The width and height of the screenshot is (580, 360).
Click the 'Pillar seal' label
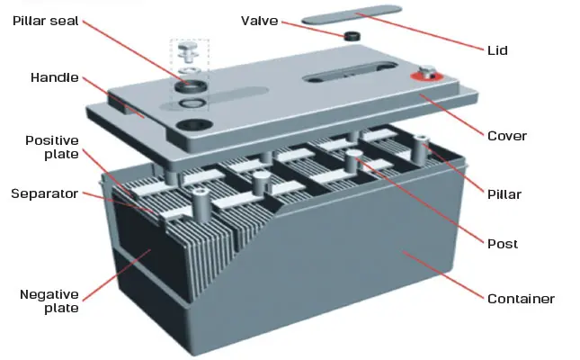pyautogui.click(x=46, y=21)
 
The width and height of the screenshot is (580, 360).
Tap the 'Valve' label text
pyautogui.click(x=259, y=21)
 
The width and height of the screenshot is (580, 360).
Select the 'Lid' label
pyautogui.click(x=497, y=50)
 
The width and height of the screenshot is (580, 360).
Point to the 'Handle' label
pyautogui.click(x=54, y=77)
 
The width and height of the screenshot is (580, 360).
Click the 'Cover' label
pyautogui.click(x=507, y=136)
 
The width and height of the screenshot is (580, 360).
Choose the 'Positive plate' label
pyautogui.click(x=52, y=147)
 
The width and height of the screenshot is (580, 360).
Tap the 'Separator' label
pyautogui.click(x=44, y=193)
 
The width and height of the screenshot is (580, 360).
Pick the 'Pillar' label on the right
pyautogui.click(x=504, y=194)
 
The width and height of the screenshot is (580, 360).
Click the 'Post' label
pyautogui.click(x=503, y=244)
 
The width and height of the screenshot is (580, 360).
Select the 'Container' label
pyautogui.click(x=521, y=299)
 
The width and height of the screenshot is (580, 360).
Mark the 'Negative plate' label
pyautogui.click(x=49, y=301)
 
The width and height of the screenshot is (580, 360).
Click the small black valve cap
pyautogui.click(x=352, y=36)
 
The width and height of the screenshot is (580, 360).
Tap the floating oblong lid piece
pyautogui.click(x=352, y=14)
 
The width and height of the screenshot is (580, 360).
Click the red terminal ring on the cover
pyautogui.click(x=426, y=76)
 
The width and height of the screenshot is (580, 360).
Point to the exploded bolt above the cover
pyautogui.click(x=188, y=50)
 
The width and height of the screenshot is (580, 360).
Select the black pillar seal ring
pyautogui.click(x=191, y=86)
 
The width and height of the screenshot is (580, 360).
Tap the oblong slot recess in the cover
pyautogui.click(x=350, y=71)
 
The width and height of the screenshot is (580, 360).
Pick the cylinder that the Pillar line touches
pyautogui.click(x=420, y=149)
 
